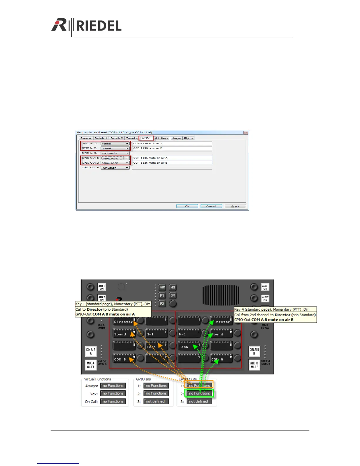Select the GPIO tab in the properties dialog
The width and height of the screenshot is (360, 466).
coord(146,138)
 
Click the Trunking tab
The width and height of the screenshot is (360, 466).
coord(132,138)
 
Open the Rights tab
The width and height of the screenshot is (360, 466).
coord(189,138)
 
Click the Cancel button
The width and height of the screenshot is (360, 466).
coord(211,206)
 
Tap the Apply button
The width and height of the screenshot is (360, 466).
coord(235,206)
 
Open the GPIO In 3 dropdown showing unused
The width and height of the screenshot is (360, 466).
coord(115,153)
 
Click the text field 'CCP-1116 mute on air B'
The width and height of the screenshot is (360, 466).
coord(172,163)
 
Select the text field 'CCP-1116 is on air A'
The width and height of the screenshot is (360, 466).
coord(172,144)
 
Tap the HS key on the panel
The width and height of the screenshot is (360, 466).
coord(173,287)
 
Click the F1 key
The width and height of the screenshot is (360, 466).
coord(162,295)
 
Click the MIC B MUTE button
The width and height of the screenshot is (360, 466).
coord(254,365)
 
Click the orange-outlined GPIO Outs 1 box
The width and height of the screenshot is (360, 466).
coord(199,385)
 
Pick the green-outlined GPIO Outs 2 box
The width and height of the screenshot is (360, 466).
coord(199,393)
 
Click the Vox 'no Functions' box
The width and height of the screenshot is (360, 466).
coord(113,393)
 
